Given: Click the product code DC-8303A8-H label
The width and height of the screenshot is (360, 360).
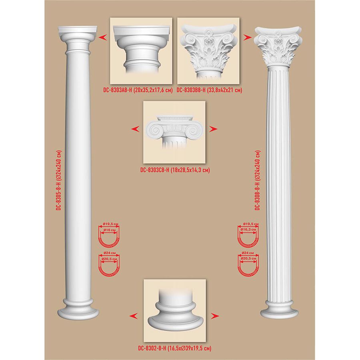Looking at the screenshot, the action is pyautogui.click(x=118, y=90).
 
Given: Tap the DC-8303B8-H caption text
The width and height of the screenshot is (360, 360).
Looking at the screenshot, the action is pyautogui.click(x=191, y=90).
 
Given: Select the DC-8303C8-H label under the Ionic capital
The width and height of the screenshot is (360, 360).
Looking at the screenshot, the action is pyautogui.click(x=155, y=170).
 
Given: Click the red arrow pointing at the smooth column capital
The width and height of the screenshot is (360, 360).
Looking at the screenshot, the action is pyautogui.click(x=103, y=37).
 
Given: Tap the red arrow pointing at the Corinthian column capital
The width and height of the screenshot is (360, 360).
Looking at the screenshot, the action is pyautogui.click(x=247, y=37).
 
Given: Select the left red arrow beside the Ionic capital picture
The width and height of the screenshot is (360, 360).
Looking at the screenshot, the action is pyautogui.click(x=135, y=129).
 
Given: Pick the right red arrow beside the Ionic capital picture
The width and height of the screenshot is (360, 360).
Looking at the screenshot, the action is pyautogui.click(x=213, y=129).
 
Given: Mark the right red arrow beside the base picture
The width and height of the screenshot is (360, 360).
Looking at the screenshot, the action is pyautogui.click(x=215, y=316).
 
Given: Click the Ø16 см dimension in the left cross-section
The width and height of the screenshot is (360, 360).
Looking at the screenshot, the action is pyautogui.click(x=110, y=230).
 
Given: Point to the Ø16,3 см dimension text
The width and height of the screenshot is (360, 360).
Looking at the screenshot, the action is pyautogui.click(x=248, y=229).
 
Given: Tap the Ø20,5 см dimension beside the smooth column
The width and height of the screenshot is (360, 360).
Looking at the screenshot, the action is pyautogui.click(x=109, y=259).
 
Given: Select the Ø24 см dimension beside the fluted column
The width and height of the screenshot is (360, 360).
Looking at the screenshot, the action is pyautogui.click(x=248, y=253).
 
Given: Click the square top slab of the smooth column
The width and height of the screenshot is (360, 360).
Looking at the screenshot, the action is pyautogui.click(x=78, y=30).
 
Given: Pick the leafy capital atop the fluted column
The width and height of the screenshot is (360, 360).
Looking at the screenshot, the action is pyautogui.click(x=278, y=47).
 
